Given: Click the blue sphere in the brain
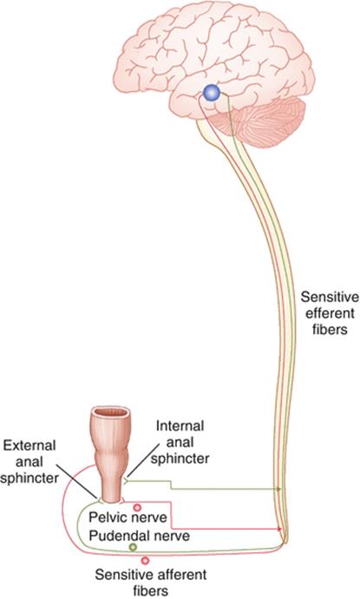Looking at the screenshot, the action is (x=212, y=92).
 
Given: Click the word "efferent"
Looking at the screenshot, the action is (x=330, y=313).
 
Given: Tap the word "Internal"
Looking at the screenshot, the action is (x=180, y=425).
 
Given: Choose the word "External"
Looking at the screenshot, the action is (x=29, y=445).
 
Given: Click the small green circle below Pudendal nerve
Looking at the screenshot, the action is (x=133, y=548).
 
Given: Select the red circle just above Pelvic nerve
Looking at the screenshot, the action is (x=137, y=507).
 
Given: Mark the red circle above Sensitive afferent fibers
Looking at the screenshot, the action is (x=145, y=561).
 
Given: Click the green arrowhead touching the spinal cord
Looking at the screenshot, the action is (x=279, y=489).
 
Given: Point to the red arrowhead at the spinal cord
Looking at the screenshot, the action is (x=280, y=529).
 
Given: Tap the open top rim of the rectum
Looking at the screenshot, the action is (x=111, y=412).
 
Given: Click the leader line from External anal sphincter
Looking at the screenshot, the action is (x=76, y=480).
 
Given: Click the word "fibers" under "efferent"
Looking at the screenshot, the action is (x=330, y=329).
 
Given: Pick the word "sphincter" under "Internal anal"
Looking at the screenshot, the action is (x=180, y=458).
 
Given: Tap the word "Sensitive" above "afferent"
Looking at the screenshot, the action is (x=124, y=575).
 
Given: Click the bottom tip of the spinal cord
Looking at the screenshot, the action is (x=285, y=542).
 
